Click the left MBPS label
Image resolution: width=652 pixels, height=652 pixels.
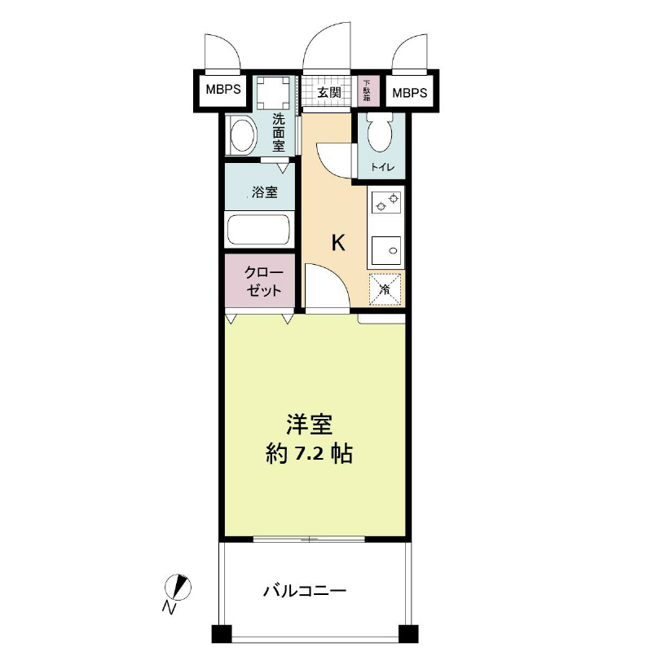tap(222, 90)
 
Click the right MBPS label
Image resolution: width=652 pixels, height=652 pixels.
tap(409, 93)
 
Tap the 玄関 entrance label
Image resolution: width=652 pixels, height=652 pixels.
tap(329, 92)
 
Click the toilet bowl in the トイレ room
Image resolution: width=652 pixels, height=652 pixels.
tap(379, 132)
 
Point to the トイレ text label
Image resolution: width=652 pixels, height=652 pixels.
tap(382, 168)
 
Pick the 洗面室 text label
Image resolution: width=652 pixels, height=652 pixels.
tap(278, 132)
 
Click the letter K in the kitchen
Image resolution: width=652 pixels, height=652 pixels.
tap(337, 243)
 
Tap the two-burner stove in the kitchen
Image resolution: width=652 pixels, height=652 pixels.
tap(385, 202)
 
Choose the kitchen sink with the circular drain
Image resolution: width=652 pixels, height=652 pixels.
tap(385, 249)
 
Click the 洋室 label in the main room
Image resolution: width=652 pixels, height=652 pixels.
tap(309, 425)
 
